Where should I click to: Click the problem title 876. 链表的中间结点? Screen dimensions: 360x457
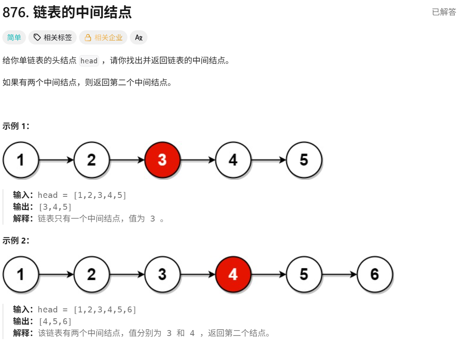click(67, 13)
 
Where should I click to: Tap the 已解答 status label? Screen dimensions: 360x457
click(444, 12)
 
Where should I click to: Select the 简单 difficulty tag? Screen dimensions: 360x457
click(14, 38)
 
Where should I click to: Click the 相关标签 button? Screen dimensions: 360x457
click(53, 38)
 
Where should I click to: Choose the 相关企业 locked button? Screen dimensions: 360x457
click(103, 38)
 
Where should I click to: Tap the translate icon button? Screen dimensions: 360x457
click(138, 38)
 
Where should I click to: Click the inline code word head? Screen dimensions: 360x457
click(89, 61)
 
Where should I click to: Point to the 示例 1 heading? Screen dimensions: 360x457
click(16, 126)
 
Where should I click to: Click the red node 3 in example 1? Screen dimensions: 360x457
click(162, 160)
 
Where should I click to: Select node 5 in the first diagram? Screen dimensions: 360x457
click(304, 160)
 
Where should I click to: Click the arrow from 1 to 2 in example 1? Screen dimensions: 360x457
click(56, 160)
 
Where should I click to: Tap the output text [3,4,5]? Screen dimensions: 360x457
click(55, 207)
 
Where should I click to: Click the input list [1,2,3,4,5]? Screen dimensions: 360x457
click(100, 195)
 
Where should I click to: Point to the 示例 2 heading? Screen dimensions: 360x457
click(16, 240)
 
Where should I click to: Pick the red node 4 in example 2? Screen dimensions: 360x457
click(233, 274)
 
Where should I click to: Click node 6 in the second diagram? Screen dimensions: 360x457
click(375, 274)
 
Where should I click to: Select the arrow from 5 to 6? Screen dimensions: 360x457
click(339, 274)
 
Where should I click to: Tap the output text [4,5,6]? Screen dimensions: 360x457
click(55, 321)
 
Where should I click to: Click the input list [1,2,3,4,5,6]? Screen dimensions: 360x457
click(104, 310)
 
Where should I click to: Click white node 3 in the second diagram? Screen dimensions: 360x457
click(162, 274)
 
